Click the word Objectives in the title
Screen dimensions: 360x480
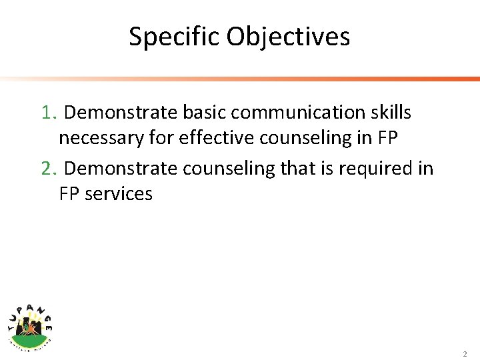point(288,37)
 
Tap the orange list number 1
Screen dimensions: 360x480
point(47,113)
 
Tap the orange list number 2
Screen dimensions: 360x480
point(47,169)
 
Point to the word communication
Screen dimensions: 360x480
point(297,113)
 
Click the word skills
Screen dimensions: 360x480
point(391,113)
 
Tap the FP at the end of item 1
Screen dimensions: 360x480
point(388,138)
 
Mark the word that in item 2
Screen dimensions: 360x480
point(297,169)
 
